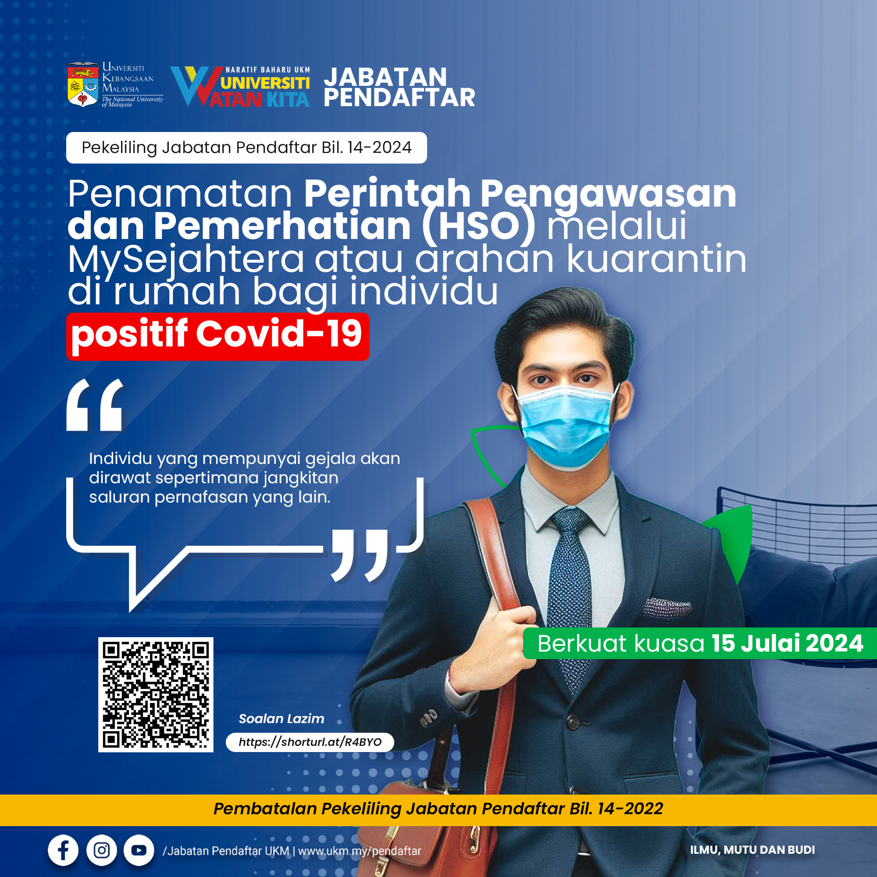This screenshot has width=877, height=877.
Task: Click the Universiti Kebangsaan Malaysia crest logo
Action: pyautogui.click(x=82, y=85)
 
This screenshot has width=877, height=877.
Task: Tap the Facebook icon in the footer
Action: pyautogui.click(x=63, y=850)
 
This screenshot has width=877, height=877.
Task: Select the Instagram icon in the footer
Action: pyautogui.click(x=101, y=850)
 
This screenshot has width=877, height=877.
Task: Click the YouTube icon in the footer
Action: pyautogui.click(x=139, y=850)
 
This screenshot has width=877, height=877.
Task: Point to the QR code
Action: pyautogui.click(x=156, y=695)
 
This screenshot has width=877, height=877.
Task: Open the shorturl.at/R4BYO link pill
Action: pyautogui.click(x=310, y=742)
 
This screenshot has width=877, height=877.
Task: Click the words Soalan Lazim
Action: pyautogui.click(x=282, y=719)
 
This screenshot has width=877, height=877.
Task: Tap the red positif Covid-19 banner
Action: pyautogui.click(x=218, y=336)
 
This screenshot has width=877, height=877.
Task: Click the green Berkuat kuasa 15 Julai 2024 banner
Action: pyautogui.click(x=700, y=643)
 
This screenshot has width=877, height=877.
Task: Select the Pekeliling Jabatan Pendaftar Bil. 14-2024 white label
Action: pyautogui.click(x=246, y=147)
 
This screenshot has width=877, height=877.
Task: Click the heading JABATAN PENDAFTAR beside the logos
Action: pyautogui.click(x=399, y=87)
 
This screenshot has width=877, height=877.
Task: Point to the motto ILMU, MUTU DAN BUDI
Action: pyautogui.click(x=752, y=850)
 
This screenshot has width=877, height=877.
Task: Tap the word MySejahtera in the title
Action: pyautogui.click(x=186, y=260)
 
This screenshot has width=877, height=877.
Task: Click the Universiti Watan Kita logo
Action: pyautogui.click(x=240, y=87)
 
